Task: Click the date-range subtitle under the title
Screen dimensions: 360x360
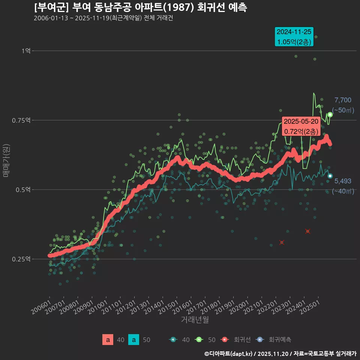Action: (103, 18)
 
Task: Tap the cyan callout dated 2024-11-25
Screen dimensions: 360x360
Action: (294, 37)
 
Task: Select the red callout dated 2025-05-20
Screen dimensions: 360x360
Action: (301, 126)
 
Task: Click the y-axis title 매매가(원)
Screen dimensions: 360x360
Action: (6, 160)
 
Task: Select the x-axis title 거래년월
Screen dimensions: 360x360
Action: (195, 319)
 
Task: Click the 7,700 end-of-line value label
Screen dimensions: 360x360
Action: (343, 100)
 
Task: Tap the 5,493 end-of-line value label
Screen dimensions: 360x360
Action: (343, 181)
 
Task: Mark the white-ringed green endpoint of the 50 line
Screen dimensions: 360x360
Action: (330, 114)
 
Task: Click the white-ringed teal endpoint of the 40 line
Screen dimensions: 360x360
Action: (330, 176)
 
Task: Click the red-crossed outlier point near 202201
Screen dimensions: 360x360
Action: (282, 243)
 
